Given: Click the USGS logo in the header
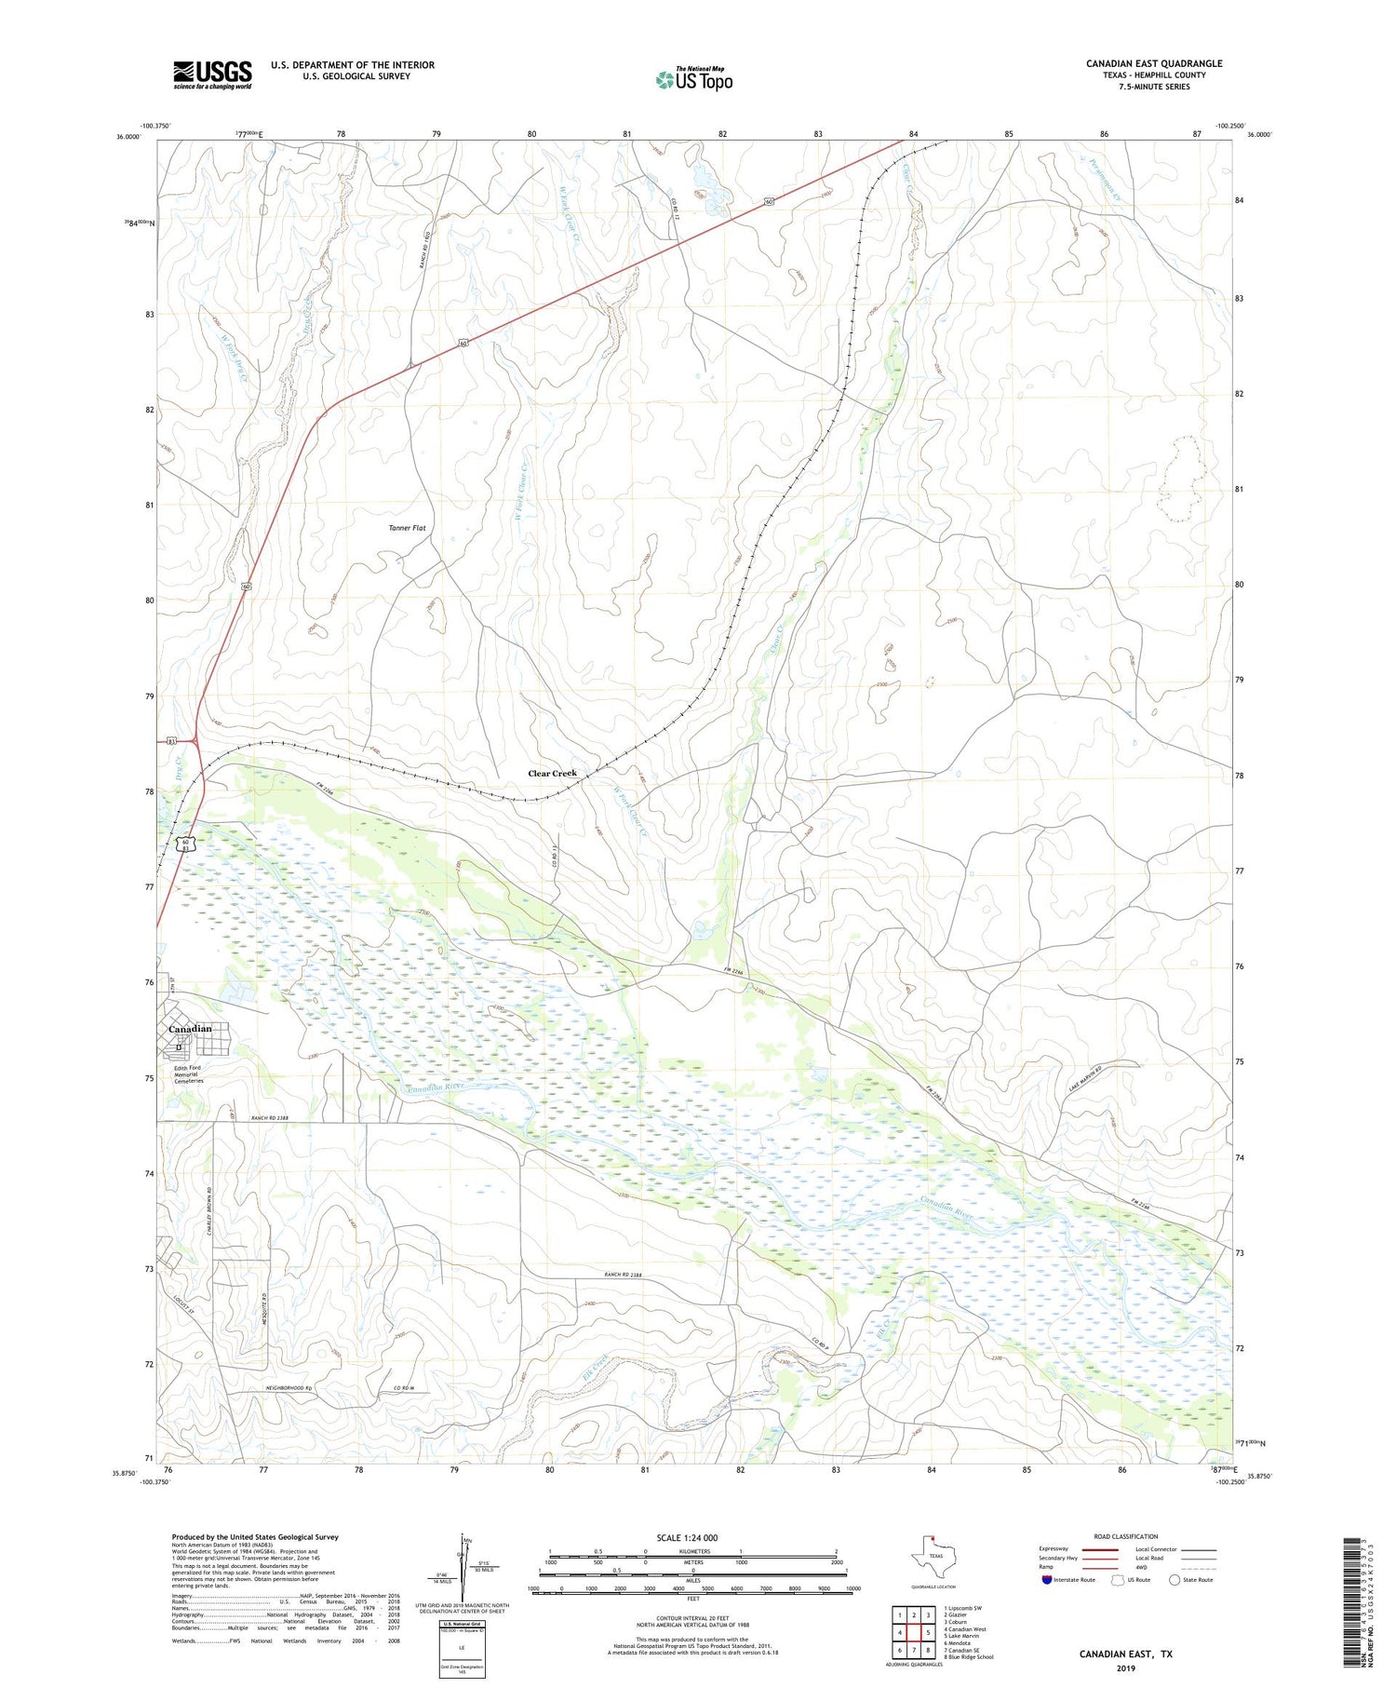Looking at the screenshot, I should click(x=212, y=74).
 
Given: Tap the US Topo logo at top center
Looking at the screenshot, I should click(x=693, y=80).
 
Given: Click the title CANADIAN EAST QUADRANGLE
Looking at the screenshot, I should click(x=1153, y=63).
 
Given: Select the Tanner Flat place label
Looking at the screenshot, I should click(x=407, y=528).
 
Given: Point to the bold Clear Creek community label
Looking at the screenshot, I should click(x=552, y=773).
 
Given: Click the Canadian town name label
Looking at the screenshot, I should click(x=190, y=1029).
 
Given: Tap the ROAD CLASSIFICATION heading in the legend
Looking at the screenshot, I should click(x=1126, y=1536).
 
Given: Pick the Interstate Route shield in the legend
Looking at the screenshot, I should click(x=1047, y=1580).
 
